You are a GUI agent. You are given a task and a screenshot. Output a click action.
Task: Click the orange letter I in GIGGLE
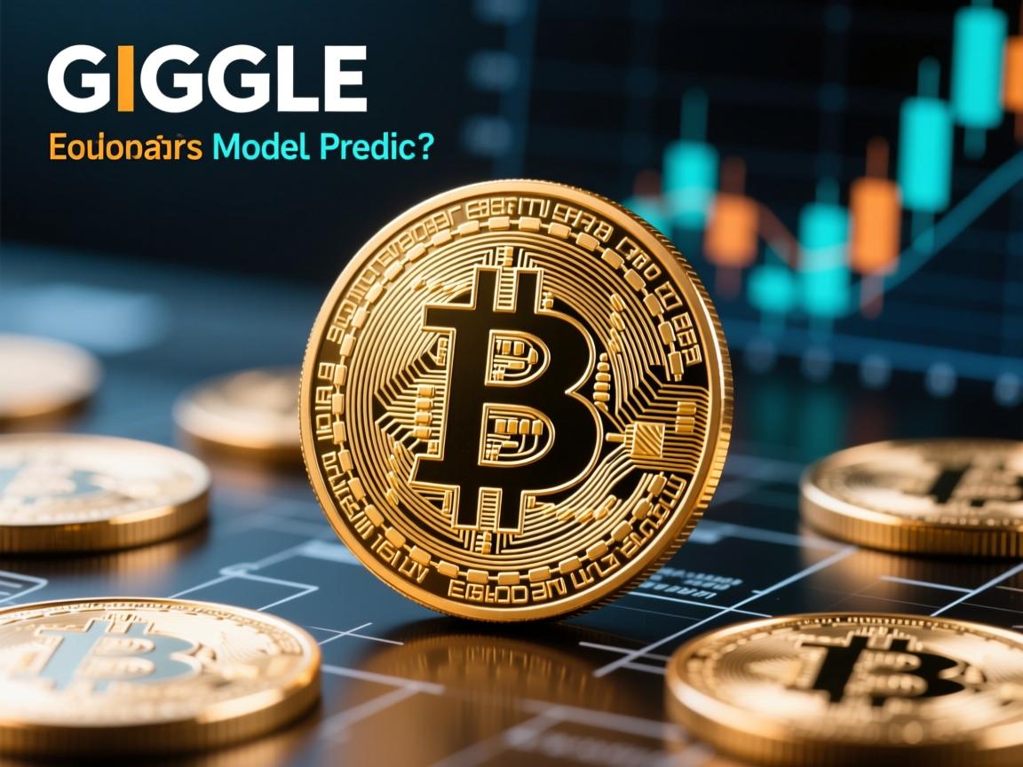pyautogui.click(x=125, y=80)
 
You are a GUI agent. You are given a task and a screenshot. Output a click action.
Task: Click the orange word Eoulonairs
pyautogui.click(x=125, y=148)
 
